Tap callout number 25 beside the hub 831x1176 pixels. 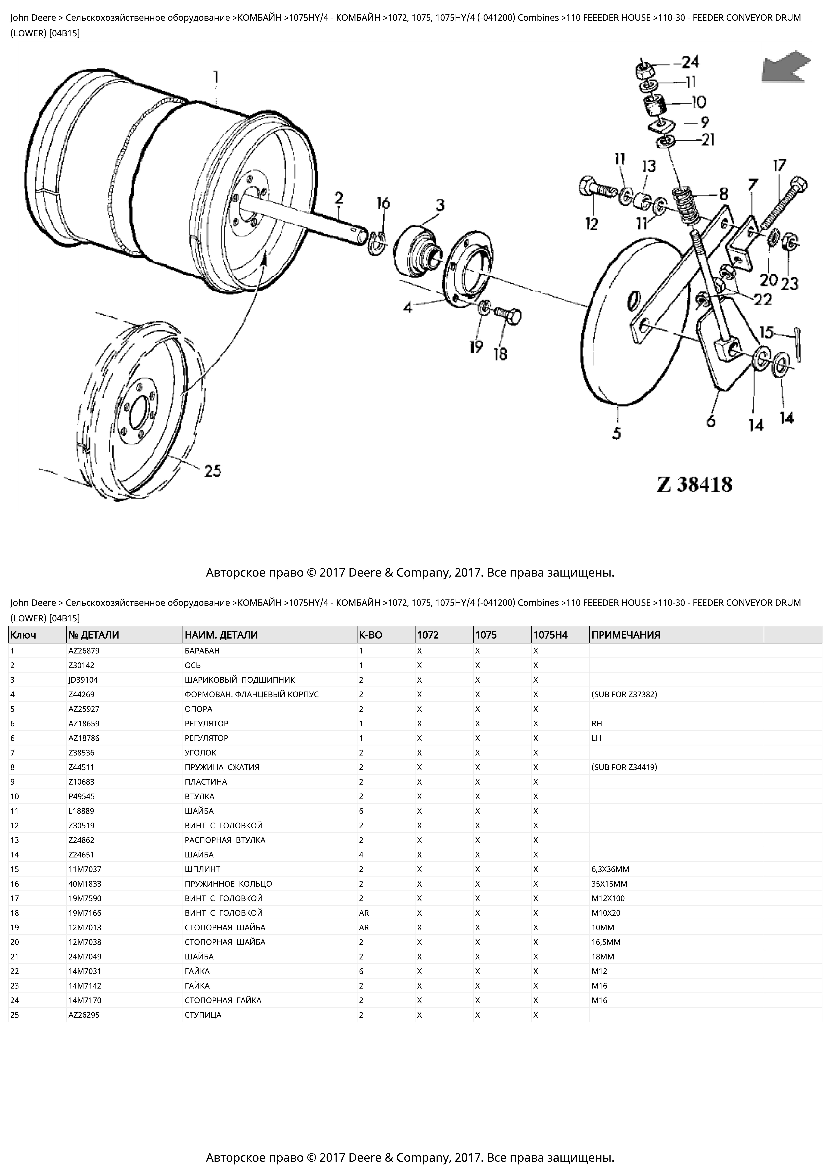(x=213, y=470)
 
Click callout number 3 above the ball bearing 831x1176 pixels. (x=440, y=205)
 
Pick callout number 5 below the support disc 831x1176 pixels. (x=617, y=433)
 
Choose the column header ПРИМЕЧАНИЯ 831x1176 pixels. (x=626, y=635)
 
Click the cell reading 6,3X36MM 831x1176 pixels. (x=610, y=869)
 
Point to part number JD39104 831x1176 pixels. (x=83, y=680)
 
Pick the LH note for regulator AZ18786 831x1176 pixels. (x=596, y=738)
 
